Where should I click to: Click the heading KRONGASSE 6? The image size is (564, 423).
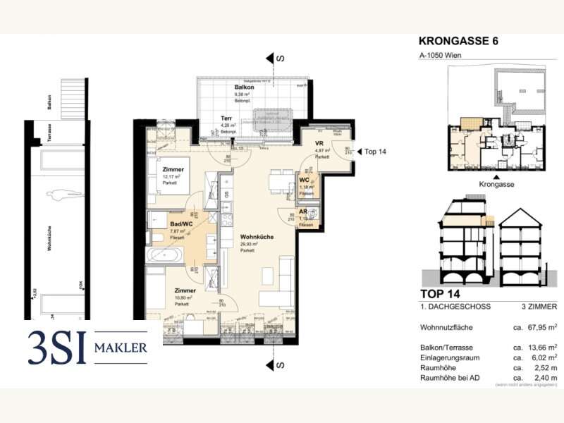[x=464, y=41]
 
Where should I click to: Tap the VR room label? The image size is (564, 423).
[x=319, y=142]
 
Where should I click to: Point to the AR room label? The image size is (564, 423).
[x=303, y=211]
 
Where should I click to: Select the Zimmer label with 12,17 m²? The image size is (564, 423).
[x=173, y=170]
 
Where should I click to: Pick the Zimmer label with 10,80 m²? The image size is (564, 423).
[x=185, y=290]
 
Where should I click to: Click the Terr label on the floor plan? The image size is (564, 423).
[x=226, y=118]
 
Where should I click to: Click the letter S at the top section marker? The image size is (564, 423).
[x=280, y=59]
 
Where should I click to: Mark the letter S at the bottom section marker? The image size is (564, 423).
[x=280, y=364]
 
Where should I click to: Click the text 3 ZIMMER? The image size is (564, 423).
[x=539, y=307]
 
